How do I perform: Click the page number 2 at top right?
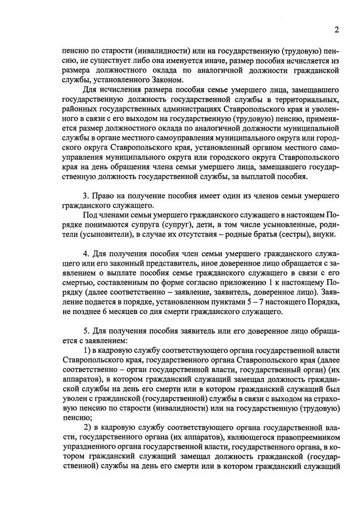tap(336, 30)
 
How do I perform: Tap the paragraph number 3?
tap(85, 195)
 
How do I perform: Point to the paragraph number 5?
tap(85, 332)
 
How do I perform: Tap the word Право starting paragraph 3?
tap(105, 195)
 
